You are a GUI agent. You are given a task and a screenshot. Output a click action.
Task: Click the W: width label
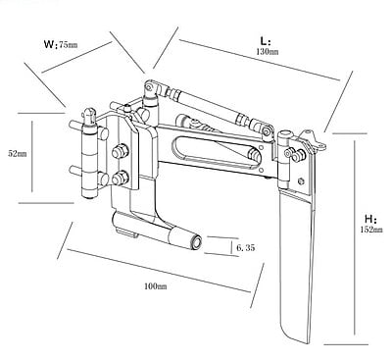(50, 44)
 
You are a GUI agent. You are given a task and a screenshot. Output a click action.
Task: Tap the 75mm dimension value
(69, 44)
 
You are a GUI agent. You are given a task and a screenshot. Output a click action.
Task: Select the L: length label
(266, 41)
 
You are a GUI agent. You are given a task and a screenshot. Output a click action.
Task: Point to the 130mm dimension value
(268, 52)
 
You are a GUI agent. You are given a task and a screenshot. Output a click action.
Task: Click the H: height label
(371, 219)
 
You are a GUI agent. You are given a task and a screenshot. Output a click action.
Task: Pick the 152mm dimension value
(371, 230)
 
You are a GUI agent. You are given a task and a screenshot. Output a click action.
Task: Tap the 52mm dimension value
(18, 153)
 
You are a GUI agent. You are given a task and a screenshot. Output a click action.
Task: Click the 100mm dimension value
(156, 286)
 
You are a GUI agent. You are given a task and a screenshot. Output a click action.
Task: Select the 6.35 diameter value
(245, 248)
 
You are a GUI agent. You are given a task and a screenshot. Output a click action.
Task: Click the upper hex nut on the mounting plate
(120, 151)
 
